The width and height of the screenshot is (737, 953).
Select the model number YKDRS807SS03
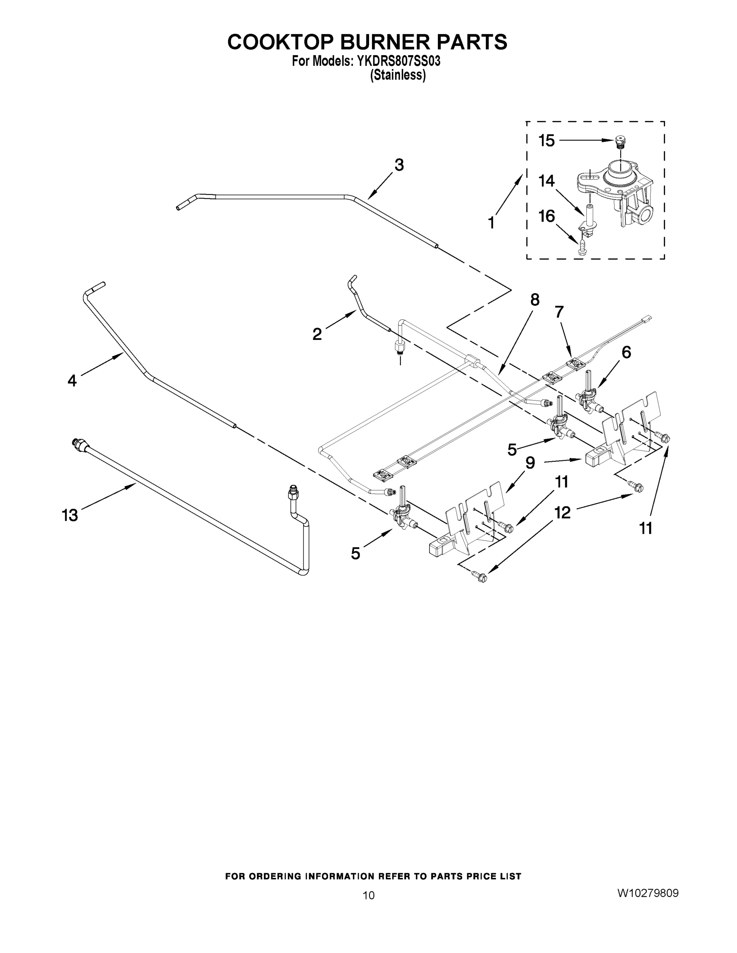pos(398,62)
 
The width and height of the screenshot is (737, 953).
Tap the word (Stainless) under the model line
pos(398,75)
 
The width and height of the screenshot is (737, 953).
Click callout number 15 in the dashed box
pos(546,141)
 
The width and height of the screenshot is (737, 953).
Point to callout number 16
pos(547,216)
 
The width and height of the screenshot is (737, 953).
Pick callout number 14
pos(546,181)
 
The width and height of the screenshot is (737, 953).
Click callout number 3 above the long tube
pos(398,165)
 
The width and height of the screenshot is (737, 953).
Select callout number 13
pos(70,515)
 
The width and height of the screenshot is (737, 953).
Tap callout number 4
pos(72,380)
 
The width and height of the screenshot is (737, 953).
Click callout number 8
pos(535,300)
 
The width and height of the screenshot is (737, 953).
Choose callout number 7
pos(559,312)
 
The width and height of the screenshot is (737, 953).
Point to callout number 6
pos(626,352)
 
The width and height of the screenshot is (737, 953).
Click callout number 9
pos(530,463)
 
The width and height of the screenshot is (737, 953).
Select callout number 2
pos(317,334)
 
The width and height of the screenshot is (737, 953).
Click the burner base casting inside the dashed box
pos(615,188)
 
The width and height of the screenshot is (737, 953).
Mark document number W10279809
pos(648,893)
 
